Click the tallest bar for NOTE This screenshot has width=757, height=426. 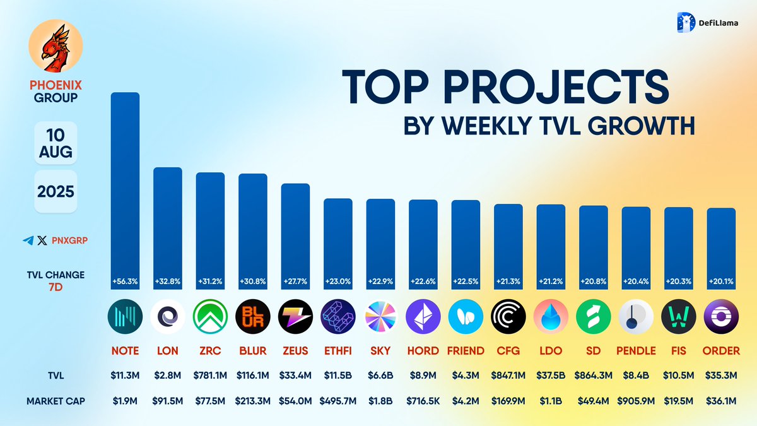[126, 189]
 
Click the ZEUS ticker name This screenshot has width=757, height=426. [295, 351]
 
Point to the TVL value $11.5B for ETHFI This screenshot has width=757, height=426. [338, 375]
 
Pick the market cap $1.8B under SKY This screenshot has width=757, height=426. [380, 400]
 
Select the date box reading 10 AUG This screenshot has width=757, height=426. [56, 143]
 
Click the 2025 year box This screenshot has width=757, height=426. [56, 191]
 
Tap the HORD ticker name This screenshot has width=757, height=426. [423, 351]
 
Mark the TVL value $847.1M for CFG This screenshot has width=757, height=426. [508, 375]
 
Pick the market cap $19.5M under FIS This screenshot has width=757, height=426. [678, 400]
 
